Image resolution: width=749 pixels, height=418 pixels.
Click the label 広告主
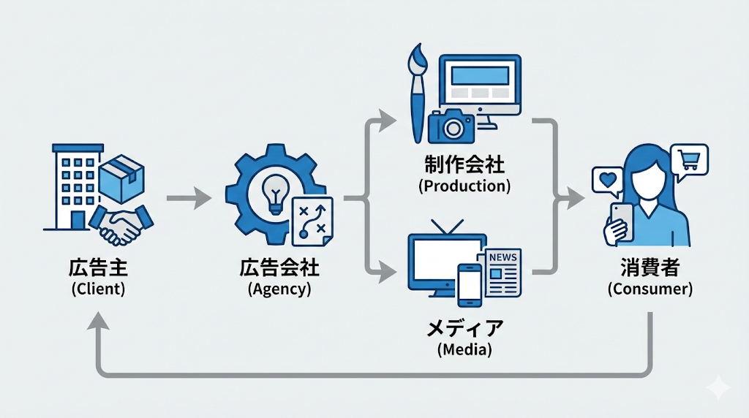tap(98, 268)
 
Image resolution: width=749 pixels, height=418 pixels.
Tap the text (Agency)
tap(279, 289)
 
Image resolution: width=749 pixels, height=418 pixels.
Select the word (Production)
tap(464, 186)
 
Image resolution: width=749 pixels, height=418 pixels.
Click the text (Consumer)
tap(650, 289)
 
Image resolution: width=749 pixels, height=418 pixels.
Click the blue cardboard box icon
tap(122, 180)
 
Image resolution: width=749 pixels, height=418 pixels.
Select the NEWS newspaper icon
tap(503, 271)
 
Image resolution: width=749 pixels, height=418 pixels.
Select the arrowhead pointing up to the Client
tap(98, 322)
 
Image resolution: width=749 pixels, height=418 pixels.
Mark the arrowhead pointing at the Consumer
tap(578, 197)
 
